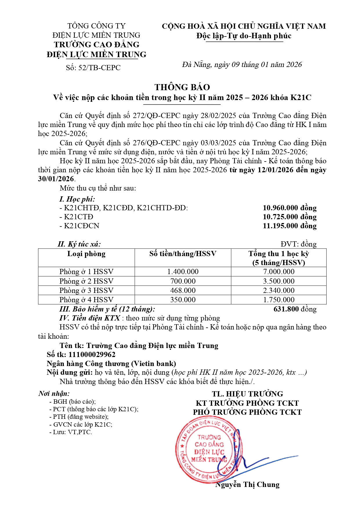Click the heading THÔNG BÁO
pyautogui.click(x=182, y=87)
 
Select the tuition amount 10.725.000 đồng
pyautogui.click(x=290, y=217)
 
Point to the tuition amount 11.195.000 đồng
pyautogui.click(x=290, y=226)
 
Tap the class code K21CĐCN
pyautogui.click(x=82, y=226)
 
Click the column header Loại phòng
pyautogui.click(x=86, y=254)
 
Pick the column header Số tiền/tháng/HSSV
pyautogui.click(x=183, y=254)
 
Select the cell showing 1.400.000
pyautogui.click(x=183, y=272)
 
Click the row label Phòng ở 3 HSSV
pyautogui.click(x=86, y=291)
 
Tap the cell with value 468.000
pyautogui.click(x=183, y=291)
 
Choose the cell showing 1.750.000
pyautogui.click(x=278, y=300)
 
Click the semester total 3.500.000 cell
pyautogui.click(x=278, y=281)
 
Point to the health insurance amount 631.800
pyautogui.click(x=286, y=309)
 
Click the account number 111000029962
pyautogui.click(x=92, y=355)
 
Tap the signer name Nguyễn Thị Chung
pyautogui.click(x=247, y=485)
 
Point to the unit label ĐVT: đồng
pyautogui.click(x=299, y=244)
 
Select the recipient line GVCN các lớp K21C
pyautogui.click(x=82, y=425)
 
